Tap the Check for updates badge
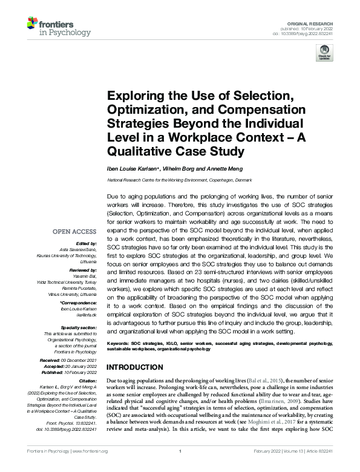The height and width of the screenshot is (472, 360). click(x=325, y=52)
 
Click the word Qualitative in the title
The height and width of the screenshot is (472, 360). click(x=138, y=151)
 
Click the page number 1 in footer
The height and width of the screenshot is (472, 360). click(x=180, y=451)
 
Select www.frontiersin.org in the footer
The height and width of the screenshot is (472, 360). click(x=90, y=451)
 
